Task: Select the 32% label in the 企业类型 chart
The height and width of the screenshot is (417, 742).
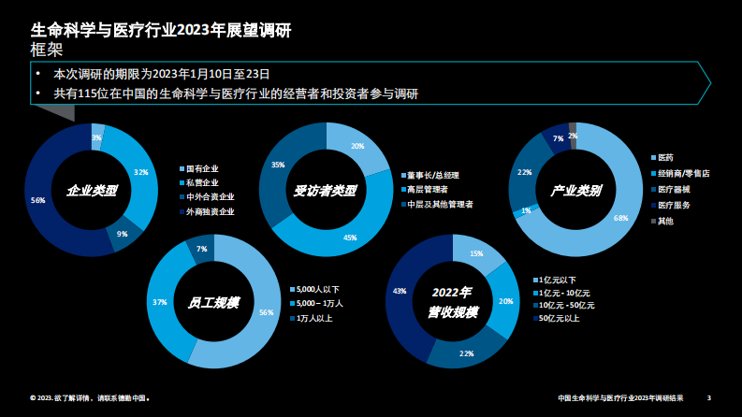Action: [x=141, y=172]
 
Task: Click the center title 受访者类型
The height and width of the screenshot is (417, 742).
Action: [x=326, y=190]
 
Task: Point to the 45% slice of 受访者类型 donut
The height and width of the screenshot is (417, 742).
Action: [x=350, y=238]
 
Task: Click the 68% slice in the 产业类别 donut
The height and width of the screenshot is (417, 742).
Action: [x=620, y=217]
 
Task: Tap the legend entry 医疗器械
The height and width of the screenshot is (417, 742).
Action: [x=674, y=189]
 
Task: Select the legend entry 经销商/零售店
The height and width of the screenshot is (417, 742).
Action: [x=683, y=173]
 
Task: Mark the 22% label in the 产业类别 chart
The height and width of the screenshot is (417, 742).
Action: [x=524, y=172]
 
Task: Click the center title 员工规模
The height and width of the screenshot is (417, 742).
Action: [x=212, y=302]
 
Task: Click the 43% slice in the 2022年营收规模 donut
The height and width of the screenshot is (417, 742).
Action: [x=400, y=292]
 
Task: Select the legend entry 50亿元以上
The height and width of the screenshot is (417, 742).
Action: [x=558, y=318]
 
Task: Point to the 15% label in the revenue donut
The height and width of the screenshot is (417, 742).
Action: [x=475, y=254]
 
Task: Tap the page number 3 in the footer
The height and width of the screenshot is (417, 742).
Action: [x=708, y=397]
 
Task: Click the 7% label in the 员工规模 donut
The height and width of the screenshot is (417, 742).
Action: [x=201, y=249]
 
